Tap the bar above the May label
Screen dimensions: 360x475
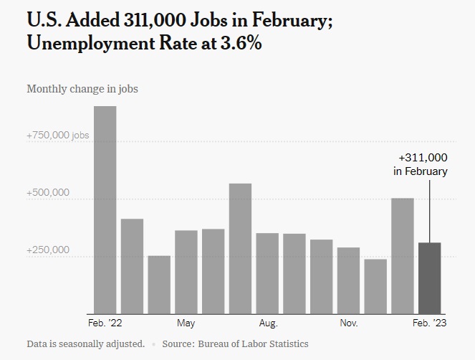click(186, 272)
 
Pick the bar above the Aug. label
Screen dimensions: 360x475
click(267, 273)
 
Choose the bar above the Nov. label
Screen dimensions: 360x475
click(349, 280)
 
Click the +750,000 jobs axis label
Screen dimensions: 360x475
click(58, 136)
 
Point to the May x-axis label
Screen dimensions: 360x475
click(186, 323)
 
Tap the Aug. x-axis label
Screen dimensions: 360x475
click(267, 323)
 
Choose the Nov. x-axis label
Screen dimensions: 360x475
click(349, 323)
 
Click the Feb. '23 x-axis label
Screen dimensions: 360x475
click(430, 323)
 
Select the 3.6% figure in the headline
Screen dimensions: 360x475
click(238, 44)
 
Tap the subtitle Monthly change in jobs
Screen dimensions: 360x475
click(82, 90)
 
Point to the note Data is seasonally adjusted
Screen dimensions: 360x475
click(86, 344)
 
